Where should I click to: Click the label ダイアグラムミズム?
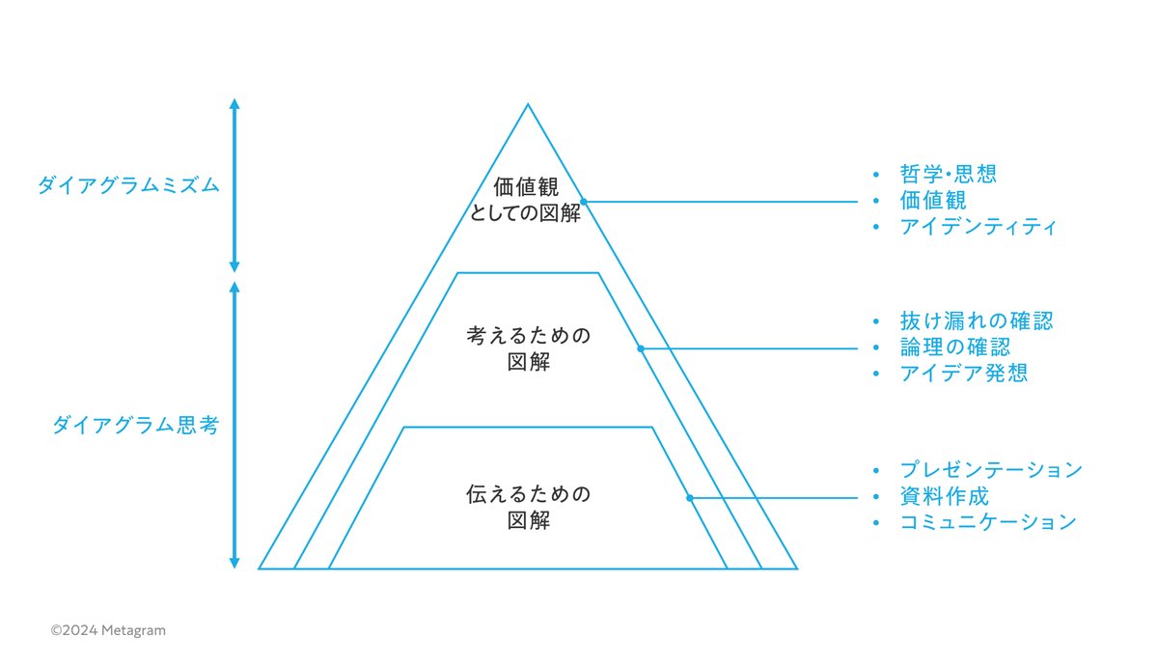coord(128,185)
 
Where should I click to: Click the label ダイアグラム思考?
coord(135,425)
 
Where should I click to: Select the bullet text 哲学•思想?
coord(947,174)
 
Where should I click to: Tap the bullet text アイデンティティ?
coord(979,228)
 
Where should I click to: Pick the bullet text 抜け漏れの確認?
coord(976,320)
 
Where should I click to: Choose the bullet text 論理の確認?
coord(954,347)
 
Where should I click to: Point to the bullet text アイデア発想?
coord(963,374)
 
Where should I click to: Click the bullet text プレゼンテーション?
coord(991,470)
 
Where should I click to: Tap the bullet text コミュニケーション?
coord(987,522)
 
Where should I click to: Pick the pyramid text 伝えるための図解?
coord(527,508)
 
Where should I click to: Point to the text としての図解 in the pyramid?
coord(527,214)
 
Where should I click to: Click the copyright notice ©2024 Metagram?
coord(108,630)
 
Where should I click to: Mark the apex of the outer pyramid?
coord(527,104)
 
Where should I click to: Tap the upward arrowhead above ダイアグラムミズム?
coord(234,102)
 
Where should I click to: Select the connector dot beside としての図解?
coord(584,202)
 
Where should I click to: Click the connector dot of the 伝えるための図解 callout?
coord(689,498)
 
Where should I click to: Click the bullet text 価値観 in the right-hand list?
coord(932,201)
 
